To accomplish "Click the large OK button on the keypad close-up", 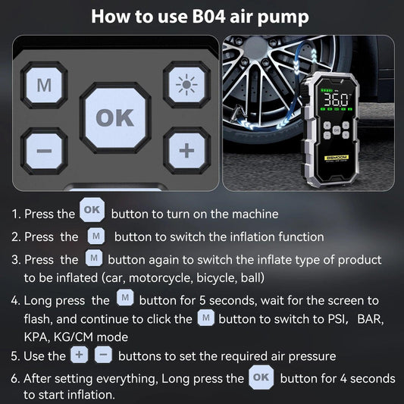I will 115,117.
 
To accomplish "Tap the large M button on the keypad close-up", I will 45,84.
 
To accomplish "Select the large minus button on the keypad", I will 45,151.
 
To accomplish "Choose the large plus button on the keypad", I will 186,151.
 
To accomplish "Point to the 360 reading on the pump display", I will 336,99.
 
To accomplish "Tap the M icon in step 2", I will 96,236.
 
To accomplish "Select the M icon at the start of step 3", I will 95,258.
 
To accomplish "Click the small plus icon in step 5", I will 79,355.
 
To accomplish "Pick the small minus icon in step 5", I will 104,355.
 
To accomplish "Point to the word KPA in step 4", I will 37,337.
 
